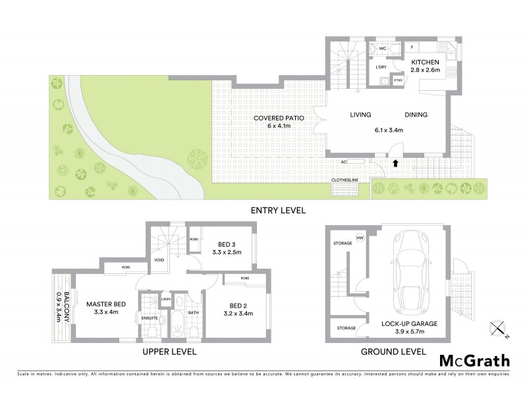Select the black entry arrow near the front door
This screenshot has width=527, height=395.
(x=395, y=161)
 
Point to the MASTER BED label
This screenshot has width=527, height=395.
(x=105, y=303)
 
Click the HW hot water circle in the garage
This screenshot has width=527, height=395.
(x=360, y=238)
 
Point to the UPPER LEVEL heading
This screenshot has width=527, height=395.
(x=170, y=352)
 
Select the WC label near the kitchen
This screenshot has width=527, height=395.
(x=381, y=48)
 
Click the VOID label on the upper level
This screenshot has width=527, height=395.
(x=159, y=259)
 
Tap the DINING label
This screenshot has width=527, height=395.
(x=416, y=115)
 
